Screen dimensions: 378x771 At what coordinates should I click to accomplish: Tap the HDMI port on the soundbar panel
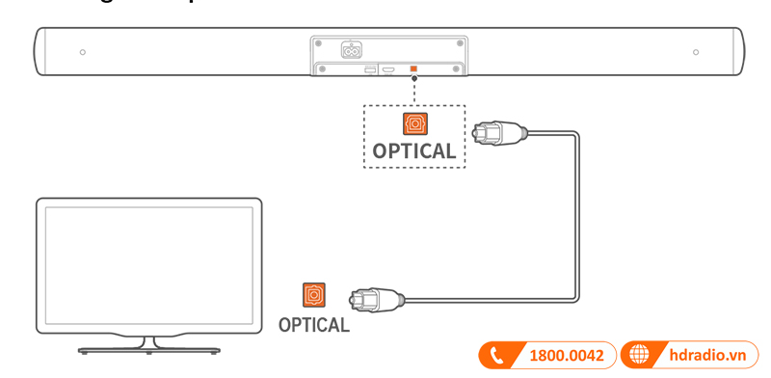(388, 69)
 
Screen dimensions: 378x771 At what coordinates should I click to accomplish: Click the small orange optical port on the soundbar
(413, 69)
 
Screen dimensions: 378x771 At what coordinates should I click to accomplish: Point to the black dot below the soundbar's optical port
(413, 78)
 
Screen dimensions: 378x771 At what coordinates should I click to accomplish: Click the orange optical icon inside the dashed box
(414, 123)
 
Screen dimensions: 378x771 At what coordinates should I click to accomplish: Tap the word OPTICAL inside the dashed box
(414, 151)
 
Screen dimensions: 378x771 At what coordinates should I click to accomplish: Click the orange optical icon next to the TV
(314, 294)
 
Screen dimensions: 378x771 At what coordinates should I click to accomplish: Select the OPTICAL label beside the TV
(314, 325)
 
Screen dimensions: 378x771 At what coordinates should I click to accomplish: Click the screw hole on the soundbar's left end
(82, 51)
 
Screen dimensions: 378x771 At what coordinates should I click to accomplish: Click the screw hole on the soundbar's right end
(696, 51)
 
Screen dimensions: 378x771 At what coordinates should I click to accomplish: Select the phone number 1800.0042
(567, 356)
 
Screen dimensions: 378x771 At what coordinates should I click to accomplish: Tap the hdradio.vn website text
(708, 356)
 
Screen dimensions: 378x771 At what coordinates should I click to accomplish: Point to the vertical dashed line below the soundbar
(413, 93)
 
